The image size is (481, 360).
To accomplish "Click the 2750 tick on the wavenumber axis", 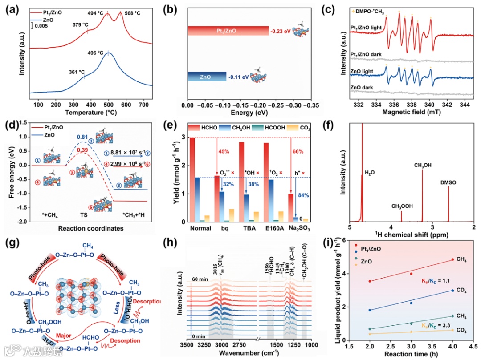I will (239, 344).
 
